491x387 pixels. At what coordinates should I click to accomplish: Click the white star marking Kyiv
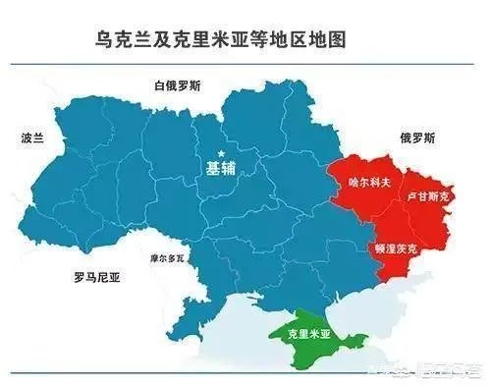tap(222, 153)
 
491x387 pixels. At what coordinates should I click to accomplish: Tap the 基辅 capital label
tap(221, 168)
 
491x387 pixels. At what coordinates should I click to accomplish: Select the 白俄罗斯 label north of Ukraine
tap(178, 85)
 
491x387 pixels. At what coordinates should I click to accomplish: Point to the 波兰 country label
tap(32, 138)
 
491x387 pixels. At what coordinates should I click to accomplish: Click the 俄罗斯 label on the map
tap(417, 138)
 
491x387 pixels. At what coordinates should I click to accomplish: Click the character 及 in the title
tap(163, 40)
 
